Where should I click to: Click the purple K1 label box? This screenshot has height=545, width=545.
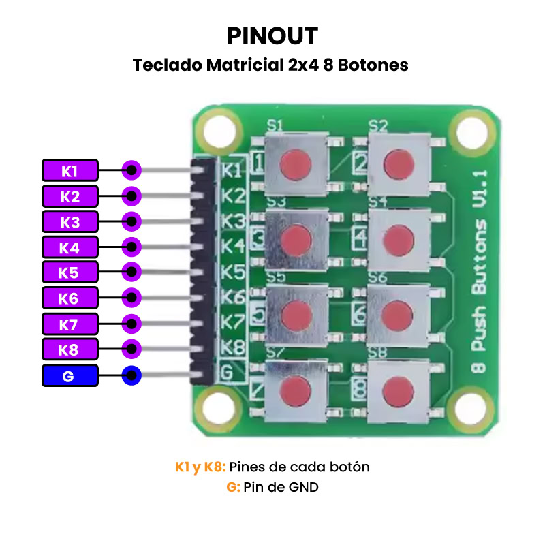pos(69,170)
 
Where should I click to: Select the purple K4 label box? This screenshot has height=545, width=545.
pos(69,247)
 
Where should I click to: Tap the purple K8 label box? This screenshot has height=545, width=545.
pos(69,349)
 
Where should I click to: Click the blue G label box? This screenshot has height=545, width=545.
pos(69,375)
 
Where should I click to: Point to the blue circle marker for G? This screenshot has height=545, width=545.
pos(131,375)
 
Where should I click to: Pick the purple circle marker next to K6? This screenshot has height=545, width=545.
pos(131,298)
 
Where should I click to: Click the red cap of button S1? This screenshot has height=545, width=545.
pos(296,163)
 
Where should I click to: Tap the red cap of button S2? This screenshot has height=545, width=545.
pos(398,164)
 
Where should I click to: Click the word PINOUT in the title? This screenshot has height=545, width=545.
pos(272,35)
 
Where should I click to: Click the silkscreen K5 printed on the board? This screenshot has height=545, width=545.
pos(234,272)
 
